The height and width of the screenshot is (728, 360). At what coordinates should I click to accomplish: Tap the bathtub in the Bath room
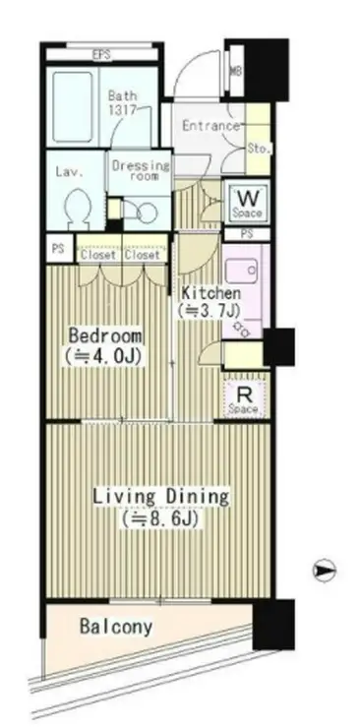coord(73,107)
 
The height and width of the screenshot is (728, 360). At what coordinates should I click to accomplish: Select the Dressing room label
coord(141,170)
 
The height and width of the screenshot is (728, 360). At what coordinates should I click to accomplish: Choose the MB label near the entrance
coord(236,72)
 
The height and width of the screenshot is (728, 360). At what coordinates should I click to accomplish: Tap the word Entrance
coord(210,126)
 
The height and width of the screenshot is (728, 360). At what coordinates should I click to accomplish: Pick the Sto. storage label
coord(259,150)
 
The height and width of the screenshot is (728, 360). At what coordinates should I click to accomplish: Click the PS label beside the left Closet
coord(58,249)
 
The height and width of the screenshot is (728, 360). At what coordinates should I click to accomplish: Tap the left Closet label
coord(98,255)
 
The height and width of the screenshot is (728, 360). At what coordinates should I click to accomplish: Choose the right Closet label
coord(142,255)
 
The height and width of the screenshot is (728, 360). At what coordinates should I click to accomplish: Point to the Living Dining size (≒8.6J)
coord(160,519)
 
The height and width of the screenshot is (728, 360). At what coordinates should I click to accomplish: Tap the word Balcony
coord(116,627)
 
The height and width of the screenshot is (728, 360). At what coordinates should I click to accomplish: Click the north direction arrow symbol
coord(324,571)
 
